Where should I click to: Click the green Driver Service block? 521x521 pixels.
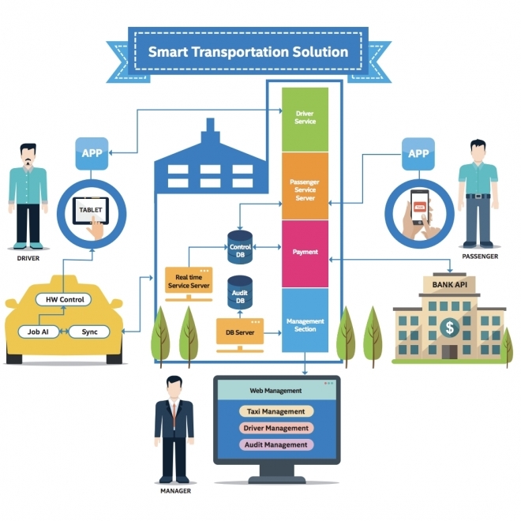click(x=305, y=119)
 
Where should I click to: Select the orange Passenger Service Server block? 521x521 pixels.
click(x=305, y=187)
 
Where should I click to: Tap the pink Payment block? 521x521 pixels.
click(x=305, y=253)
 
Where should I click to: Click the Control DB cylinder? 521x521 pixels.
click(x=239, y=247)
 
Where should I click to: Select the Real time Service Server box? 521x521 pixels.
click(x=189, y=282)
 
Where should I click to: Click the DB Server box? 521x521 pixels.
click(x=240, y=332)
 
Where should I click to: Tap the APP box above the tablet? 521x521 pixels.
click(x=92, y=152)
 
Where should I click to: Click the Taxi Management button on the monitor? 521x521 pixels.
click(x=275, y=411)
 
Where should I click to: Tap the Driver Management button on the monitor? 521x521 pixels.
click(x=275, y=428)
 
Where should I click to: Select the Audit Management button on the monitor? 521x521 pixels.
click(x=275, y=444)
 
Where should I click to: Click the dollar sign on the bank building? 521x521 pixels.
click(x=449, y=326)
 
